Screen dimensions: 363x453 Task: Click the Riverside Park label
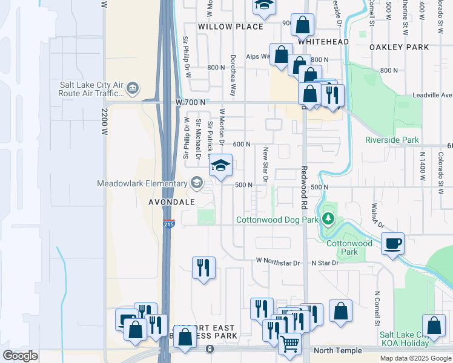coord(392,140)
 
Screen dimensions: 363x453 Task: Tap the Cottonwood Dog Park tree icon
coord(328,218)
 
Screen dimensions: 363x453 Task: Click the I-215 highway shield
coord(169,224)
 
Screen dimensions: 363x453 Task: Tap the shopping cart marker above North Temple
coord(290,343)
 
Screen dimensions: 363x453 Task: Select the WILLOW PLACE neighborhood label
coord(230,27)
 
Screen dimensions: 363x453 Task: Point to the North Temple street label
coord(338,351)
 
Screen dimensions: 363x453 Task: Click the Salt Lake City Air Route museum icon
coord(133,90)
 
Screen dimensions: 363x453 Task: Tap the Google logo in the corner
coord(20,356)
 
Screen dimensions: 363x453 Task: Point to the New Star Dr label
coord(265,163)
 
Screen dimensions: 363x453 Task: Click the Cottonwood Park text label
coord(349,247)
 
